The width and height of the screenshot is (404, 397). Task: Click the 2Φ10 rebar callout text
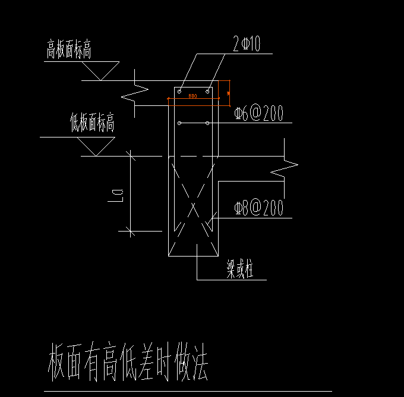point(248,45)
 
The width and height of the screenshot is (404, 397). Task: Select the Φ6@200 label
point(258,114)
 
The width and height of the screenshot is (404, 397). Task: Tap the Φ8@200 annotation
point(258,208)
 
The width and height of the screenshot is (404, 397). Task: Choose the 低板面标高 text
point(92,124)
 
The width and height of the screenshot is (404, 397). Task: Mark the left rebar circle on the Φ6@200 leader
point(179,123)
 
